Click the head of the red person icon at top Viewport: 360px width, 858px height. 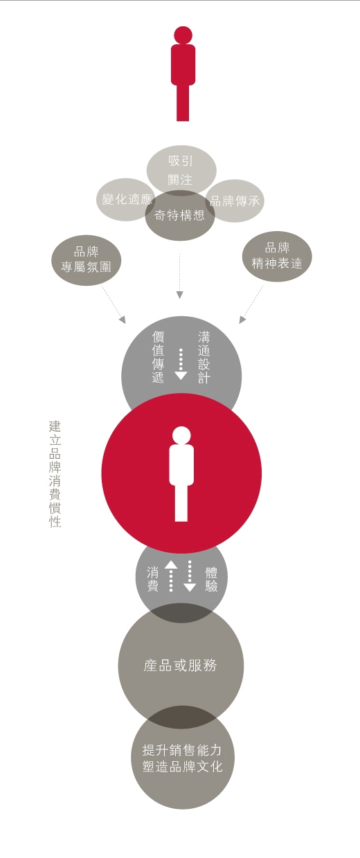183,35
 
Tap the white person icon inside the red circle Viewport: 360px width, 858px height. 181,474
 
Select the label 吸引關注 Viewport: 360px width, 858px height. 180,170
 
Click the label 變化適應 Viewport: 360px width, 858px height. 127,199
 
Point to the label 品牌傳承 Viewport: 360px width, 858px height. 235,201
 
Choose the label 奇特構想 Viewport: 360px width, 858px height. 179,215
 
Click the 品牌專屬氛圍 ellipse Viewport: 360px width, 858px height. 87,260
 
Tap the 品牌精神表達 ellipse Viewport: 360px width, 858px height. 277,256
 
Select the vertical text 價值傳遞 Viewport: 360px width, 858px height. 158,357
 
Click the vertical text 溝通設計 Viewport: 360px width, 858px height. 204,357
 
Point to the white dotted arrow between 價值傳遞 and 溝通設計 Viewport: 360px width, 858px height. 181,364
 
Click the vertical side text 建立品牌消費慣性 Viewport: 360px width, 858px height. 55,474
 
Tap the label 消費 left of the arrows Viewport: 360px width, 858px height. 152,579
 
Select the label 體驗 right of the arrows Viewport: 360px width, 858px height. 211,579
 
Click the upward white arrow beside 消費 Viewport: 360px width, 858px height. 171,576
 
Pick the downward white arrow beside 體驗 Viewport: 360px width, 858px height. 190,576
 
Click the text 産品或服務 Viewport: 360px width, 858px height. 180,666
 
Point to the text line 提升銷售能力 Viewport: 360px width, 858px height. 182,750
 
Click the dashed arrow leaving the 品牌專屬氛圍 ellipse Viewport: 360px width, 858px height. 114,304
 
